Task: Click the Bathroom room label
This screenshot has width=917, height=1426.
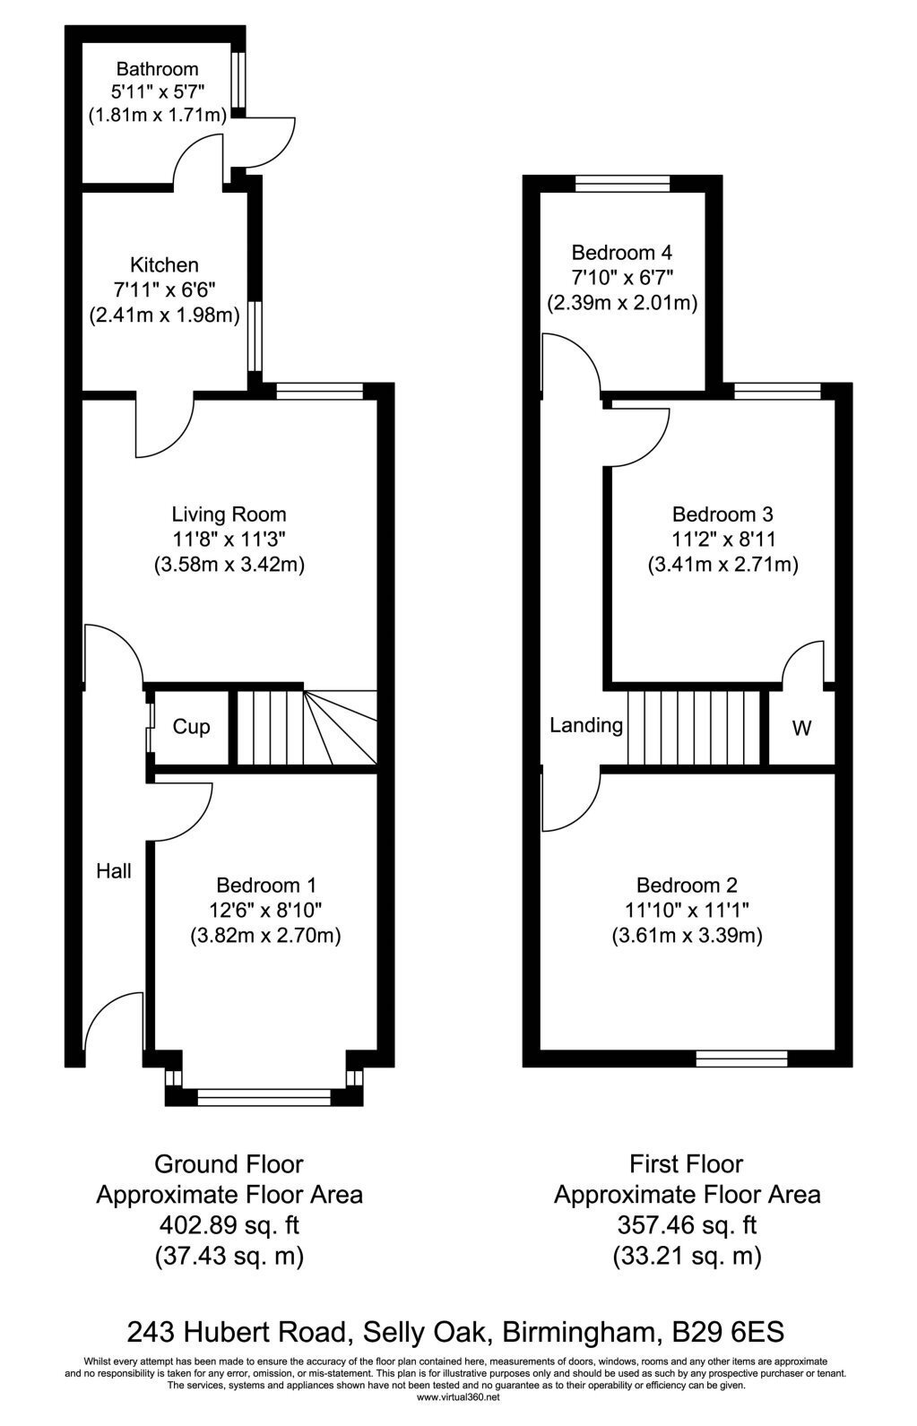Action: tap(157, 69)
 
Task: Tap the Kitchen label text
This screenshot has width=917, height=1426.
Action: tap(164, 264)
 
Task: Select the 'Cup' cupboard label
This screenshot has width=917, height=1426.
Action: tap(191, 727)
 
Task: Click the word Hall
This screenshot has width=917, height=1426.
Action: tap(114, 871)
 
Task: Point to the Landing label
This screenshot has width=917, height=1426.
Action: tap(586, 726)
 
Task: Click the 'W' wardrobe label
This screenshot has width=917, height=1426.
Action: tap(801, 728)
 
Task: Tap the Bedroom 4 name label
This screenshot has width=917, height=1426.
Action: tap(621, 253)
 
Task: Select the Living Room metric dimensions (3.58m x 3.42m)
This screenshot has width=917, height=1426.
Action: tap(229, 565)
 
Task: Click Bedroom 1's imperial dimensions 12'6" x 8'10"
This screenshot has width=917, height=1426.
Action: tap(266, 910)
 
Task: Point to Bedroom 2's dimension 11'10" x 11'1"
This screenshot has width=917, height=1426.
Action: tap(687, 910)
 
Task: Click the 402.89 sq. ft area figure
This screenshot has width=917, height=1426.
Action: tap(229, 1225)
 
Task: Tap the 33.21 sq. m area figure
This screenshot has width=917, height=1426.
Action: tap(688, 1256)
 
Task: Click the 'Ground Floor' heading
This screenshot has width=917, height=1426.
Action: tap(229, 1163)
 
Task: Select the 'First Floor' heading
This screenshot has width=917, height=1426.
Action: tap(687, 1163)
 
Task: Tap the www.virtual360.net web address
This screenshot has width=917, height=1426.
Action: tap(459, 1397)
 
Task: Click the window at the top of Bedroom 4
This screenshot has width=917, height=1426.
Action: tap(622, 184)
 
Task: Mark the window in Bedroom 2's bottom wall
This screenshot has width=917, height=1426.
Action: tap(741, 1059)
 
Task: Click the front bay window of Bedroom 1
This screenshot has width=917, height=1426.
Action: tap(264, 1096)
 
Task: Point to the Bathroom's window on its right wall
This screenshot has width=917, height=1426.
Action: tap(238, 80)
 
